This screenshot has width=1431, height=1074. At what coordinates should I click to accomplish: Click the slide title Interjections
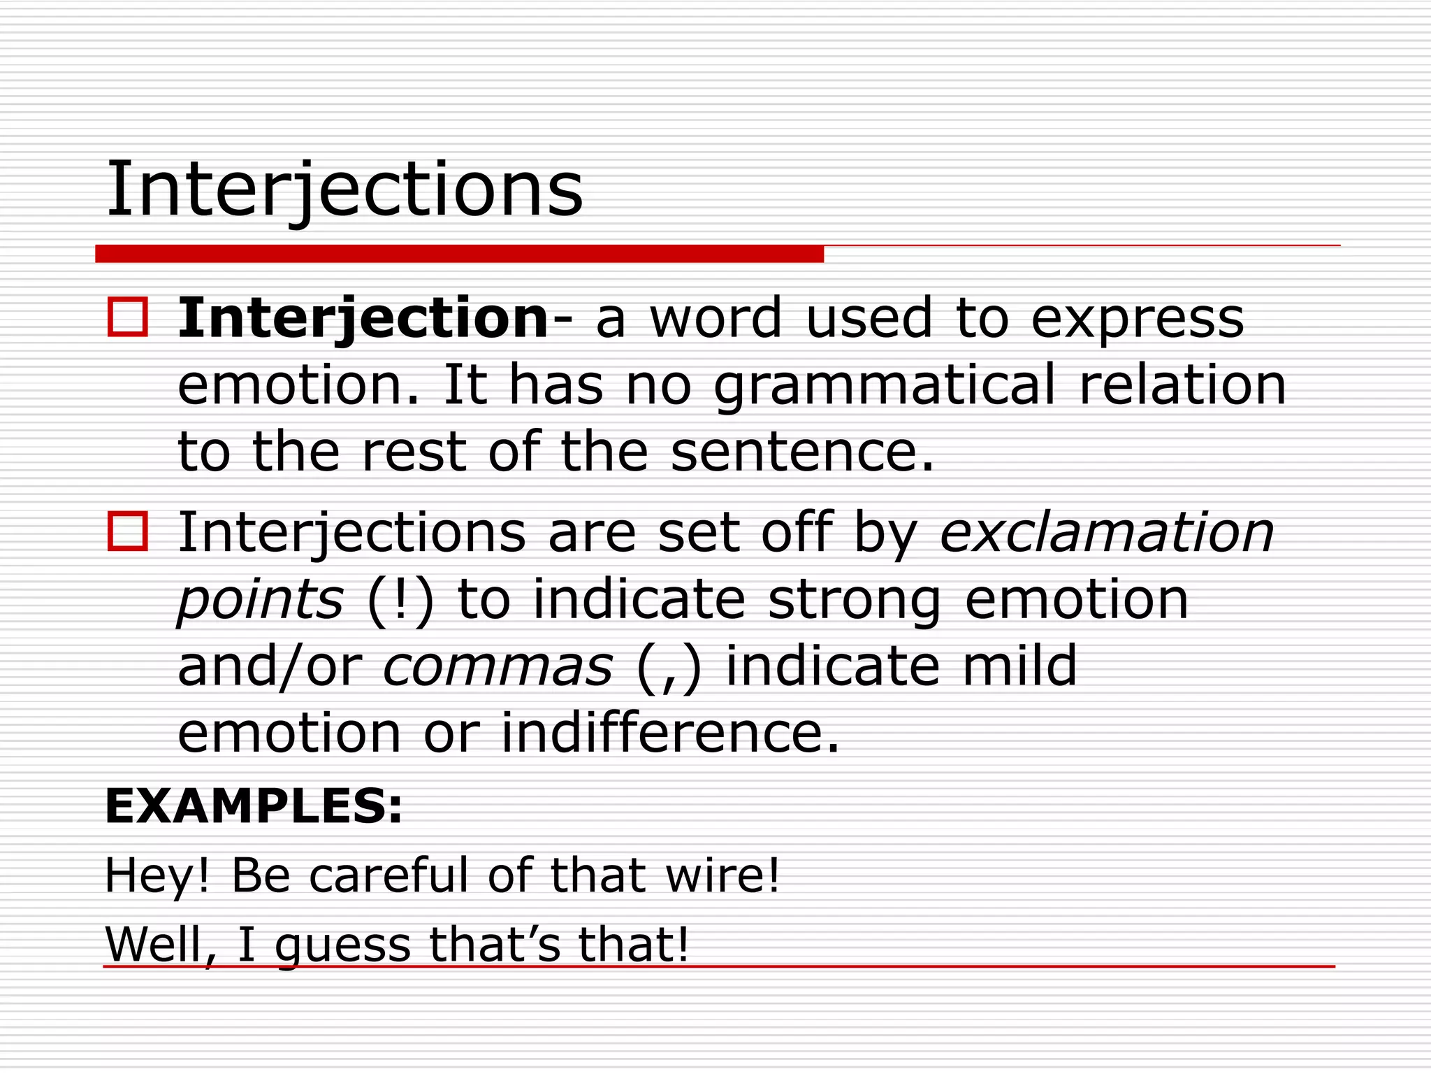point(344,189)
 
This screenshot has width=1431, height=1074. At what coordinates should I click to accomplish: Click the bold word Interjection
point(363,318)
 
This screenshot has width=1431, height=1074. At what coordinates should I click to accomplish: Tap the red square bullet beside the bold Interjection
point(128,317)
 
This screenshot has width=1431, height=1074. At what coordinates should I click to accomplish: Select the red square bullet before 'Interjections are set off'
point(128,531)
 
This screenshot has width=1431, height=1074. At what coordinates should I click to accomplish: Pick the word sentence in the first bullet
point(801,452)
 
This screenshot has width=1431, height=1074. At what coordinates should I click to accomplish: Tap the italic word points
point(260,600)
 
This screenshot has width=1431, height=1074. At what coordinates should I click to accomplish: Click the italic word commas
point(497,666)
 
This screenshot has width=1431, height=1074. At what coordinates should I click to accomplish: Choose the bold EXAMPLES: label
point(254,806)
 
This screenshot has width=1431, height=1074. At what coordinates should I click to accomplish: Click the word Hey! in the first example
point(157,875)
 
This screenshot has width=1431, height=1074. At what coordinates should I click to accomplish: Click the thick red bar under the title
point(459,254)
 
